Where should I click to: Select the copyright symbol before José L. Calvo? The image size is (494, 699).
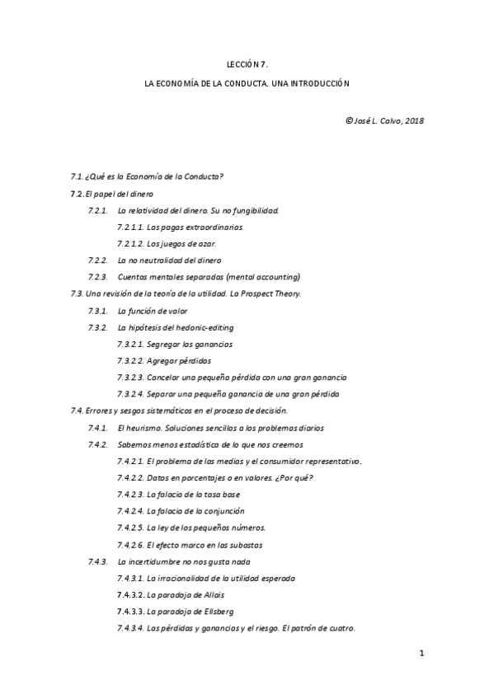pyautogui.click(x=350, y=120)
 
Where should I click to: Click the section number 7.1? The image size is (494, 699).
pyautogui.click(x=78, y=177)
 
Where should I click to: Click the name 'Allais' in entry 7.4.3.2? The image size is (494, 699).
pyautogui.click(x=211, y=594)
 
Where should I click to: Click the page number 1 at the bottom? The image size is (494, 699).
pyautogui.click(x=421, y=654)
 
